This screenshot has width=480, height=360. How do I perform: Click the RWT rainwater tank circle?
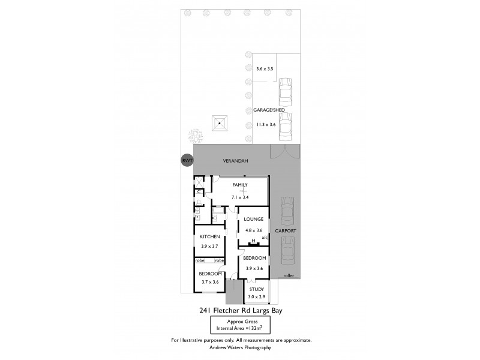(188, 161)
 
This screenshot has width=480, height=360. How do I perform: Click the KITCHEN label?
(210, 237)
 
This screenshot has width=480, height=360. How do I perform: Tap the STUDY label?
(257, 289)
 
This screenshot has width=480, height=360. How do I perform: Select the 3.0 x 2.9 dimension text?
(257, 297)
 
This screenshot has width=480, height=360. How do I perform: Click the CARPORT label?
(285, 230)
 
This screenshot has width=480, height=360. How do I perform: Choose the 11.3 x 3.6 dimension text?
(265, 124)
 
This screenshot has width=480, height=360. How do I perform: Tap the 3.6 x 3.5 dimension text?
(265, 70)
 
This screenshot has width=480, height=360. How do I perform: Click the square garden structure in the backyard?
(220, 124)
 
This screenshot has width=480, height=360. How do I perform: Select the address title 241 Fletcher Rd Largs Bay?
(240, 311)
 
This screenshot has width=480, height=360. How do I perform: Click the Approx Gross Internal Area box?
(240, 325)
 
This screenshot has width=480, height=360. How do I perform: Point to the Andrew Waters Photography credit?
(240, 347)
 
